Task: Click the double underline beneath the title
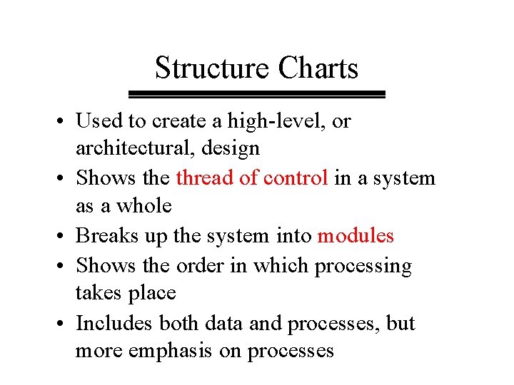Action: tap(256, 94)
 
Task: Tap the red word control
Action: tap(296, 178)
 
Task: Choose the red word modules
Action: tap(356, 235)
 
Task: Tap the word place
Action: tap(154, 294)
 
